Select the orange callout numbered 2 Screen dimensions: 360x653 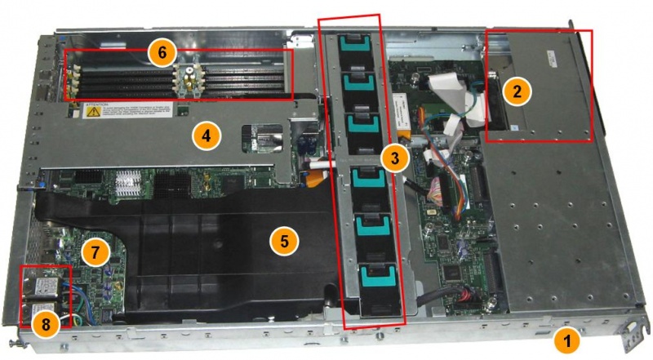click(514, 91)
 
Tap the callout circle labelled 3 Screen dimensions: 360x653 click(395, 158)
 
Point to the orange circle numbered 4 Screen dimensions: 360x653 click(206, 136)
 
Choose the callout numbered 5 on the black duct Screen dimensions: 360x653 click(283, 240)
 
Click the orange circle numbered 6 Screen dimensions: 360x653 click(161, 51)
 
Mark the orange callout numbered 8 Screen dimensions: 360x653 click(46, 324)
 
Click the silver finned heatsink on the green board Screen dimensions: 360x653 click(128, 183)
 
